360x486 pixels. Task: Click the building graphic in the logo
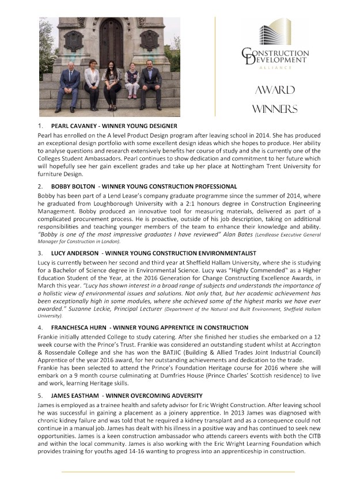coord(275,34)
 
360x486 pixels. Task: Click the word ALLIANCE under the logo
coord(275,67)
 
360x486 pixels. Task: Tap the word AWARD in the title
coord(275,90)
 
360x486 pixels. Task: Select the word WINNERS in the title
coord(275,109)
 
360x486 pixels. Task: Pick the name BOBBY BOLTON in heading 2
coord(74,187)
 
